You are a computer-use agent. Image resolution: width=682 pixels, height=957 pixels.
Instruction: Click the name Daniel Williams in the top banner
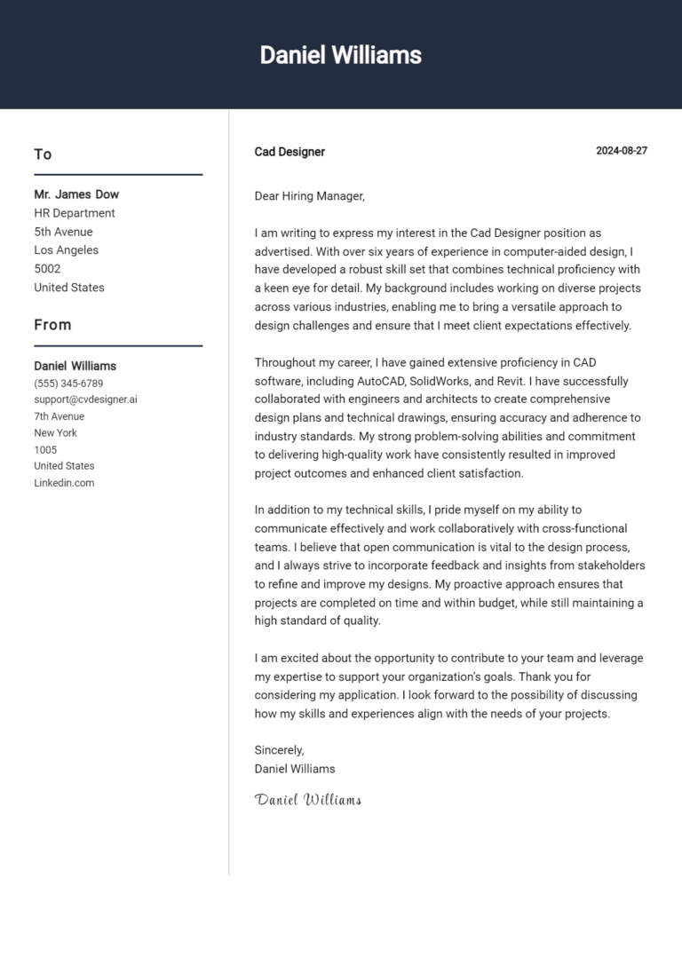340,55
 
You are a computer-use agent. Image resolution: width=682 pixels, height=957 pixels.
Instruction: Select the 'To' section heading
43,154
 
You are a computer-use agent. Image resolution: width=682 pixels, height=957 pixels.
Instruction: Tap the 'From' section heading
52,325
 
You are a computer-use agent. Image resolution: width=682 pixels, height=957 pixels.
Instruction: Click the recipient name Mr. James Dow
76,194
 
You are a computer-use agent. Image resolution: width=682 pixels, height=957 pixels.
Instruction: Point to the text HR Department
75,213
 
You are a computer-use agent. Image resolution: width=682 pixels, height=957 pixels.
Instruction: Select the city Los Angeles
67,250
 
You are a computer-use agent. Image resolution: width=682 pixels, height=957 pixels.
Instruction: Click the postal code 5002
47,269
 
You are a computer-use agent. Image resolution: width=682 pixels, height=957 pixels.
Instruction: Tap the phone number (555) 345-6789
68,384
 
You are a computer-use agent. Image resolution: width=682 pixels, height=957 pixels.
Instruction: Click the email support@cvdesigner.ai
85,399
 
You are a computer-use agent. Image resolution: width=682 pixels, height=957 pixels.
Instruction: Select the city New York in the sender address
55,433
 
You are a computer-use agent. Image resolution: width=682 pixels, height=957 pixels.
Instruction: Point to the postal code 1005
45,450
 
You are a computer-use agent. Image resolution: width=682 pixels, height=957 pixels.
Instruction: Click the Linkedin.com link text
64,483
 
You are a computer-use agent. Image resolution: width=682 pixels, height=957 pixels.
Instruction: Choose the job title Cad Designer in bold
289,152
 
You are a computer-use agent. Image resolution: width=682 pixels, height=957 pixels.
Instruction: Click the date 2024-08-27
621,151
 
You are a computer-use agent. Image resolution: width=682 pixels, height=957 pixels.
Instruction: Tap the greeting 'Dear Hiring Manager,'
309,196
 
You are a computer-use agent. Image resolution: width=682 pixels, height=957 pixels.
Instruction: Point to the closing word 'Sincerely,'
279,750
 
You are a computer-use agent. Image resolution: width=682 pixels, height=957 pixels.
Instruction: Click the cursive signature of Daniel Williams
308,800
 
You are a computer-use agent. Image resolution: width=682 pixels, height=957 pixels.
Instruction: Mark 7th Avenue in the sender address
59,416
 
